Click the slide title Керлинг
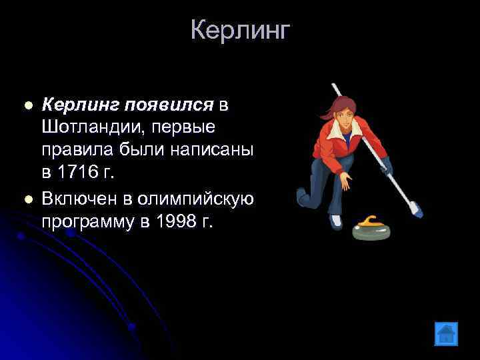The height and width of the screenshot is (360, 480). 240,30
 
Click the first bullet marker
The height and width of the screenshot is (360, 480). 27,105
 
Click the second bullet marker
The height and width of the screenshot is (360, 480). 27,198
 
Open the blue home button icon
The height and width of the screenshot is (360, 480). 446,333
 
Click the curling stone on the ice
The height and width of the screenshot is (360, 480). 371,227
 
